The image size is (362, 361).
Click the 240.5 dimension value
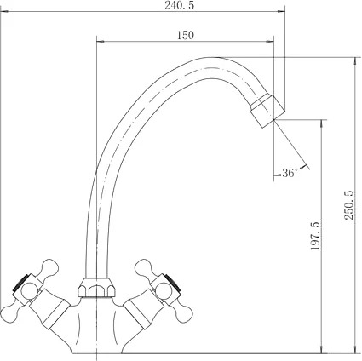[x=180, y=5]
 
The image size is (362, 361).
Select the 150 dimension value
[x=186, y=35]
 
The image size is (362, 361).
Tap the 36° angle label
[x=290, y=173]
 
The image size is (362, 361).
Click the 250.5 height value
[x=348, y=205]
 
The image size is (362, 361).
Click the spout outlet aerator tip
[x=267, y=111]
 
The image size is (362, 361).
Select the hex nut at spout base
[x=96, y=288]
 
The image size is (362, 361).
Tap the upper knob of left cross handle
[x=49, y=267]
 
